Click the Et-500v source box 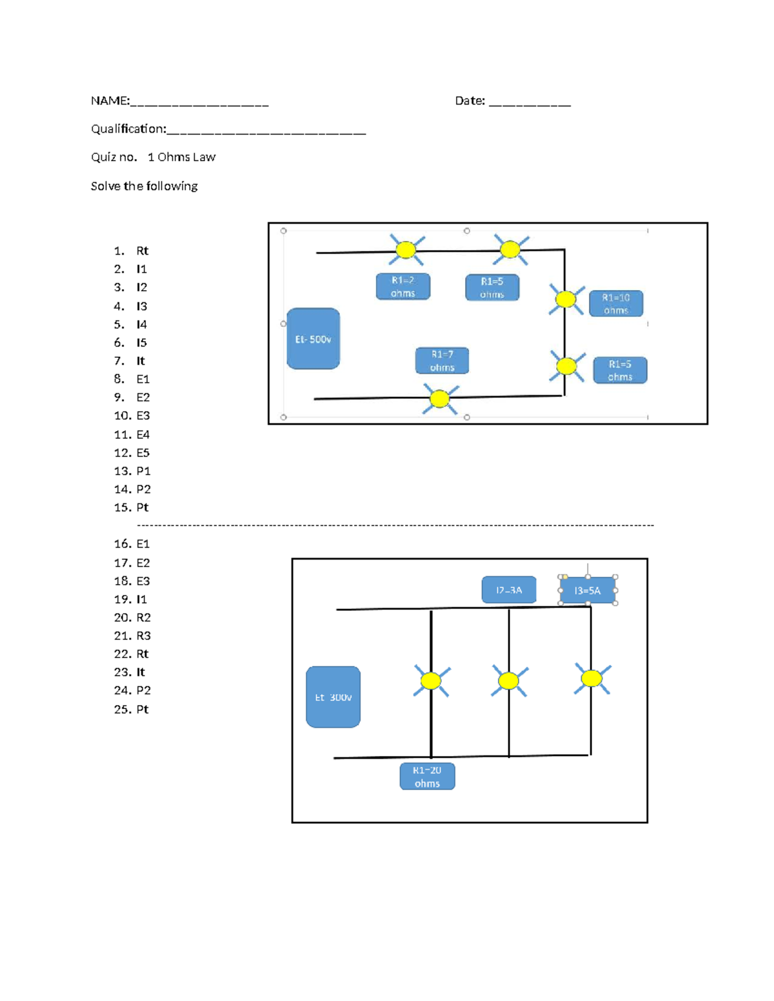[313, 338]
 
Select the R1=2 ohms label [402, 286]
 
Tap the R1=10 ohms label [615, 304]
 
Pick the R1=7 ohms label [442, 360]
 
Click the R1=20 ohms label [427, 776]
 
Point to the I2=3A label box [508, 590]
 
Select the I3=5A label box [587, 590]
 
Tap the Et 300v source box [333, 697]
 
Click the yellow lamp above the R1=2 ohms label [406, 249]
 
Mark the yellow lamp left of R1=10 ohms [566, 299]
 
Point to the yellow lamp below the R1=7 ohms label [440, 398]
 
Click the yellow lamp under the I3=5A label [591, 678]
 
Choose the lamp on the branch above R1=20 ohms [431, 681]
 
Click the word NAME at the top [109, 101]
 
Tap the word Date [469, 101]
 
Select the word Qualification [128, 129]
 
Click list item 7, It [141, 361]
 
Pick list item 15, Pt [142, 507]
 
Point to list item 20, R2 [143, 617]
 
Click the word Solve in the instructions [105, 186]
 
